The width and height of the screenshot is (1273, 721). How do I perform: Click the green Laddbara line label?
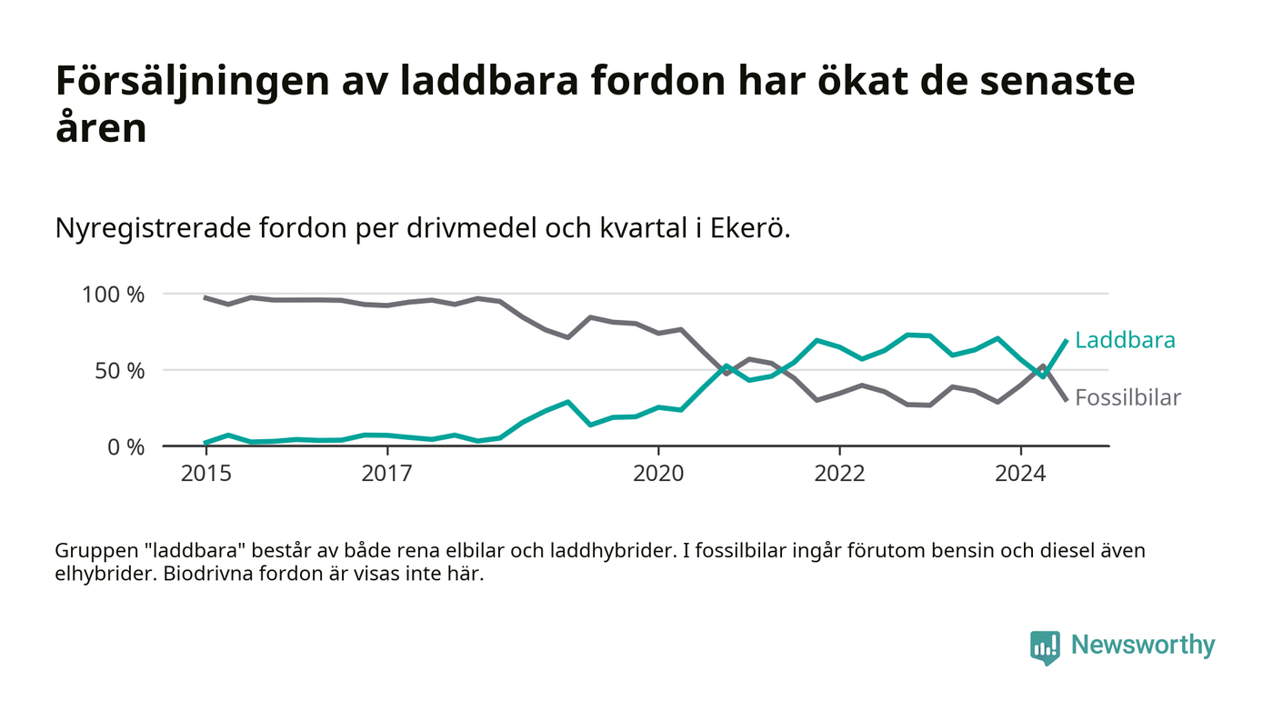point(1125,341)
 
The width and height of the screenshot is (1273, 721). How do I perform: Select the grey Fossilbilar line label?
point(1128,397)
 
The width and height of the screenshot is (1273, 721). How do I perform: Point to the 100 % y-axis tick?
point(114,295)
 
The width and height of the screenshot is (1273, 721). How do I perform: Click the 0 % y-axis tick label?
point(124,447)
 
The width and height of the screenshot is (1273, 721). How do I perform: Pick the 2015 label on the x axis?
point(205,474)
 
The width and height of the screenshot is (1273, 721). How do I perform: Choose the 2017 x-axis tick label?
point(387,474)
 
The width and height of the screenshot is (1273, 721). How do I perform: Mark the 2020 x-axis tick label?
point(657,474)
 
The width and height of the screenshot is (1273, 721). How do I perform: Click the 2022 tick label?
point(839,474)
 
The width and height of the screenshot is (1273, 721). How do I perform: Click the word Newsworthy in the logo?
point(1142,646)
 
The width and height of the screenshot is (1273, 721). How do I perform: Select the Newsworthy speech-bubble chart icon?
point(1045,646)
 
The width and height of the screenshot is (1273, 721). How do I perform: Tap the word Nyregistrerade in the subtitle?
point(155,228)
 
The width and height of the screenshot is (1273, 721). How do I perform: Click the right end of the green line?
point(1066,341)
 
